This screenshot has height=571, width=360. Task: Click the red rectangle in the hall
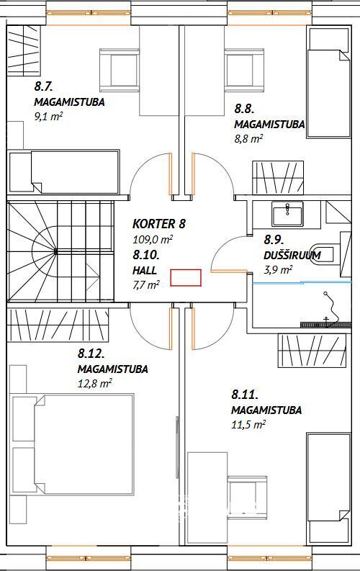coord(186,277)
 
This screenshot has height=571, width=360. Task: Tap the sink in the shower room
coord(287,215)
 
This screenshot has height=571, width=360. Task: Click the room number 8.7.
coord(44,86)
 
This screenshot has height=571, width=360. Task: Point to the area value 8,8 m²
coord(248,139)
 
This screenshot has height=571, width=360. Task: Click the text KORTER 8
coord(159,224)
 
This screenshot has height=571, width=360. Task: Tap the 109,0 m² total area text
coord(153,240)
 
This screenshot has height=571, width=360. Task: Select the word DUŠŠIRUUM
coord(292,256)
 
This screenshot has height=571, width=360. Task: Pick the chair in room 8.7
coord(120,70)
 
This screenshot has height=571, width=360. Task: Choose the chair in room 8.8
coord(244,70)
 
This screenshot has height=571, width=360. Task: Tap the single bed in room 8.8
coord(329,83)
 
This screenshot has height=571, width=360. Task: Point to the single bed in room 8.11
coord(329,489)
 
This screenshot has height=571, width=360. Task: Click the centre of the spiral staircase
coord(55,251)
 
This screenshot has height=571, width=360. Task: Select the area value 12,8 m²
coord(94,384)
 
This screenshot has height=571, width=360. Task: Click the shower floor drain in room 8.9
coord(325,324)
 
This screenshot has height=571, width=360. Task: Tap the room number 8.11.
coord(245,395)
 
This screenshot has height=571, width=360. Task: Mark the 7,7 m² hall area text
coord(146,284)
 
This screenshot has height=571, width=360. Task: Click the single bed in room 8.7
coord(64,171)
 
